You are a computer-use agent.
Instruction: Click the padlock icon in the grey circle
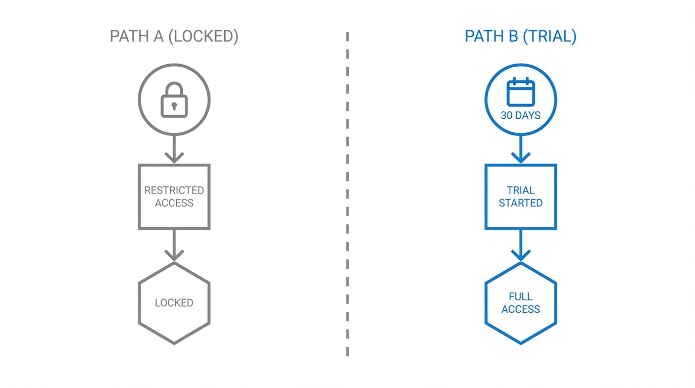(174, 100)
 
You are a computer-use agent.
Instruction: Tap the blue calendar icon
(520, 92)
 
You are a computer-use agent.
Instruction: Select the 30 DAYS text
(520, 115)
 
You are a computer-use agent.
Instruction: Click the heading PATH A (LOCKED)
(174, 36)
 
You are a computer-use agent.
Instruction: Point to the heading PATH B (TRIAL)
(520, 36)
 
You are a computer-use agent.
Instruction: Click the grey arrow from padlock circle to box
(174, 150)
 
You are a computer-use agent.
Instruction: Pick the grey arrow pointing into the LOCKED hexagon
(174, 246)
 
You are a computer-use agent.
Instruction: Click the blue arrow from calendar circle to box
(520, 150)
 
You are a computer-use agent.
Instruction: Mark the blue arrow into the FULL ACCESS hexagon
(520, 246)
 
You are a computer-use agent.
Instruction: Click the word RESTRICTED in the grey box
(174, 190)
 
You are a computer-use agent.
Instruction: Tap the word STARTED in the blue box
(520, 203)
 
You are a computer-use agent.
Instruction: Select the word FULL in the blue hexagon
(520, 297)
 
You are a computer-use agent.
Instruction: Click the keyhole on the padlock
(174, 106)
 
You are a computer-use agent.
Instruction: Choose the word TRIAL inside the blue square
(520, 190)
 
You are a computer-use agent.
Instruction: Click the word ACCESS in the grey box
(174, 203)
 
